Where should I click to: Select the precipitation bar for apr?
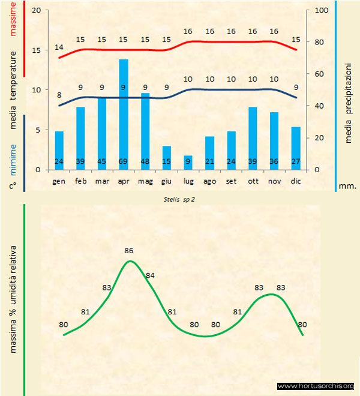124,114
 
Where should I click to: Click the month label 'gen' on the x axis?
59,181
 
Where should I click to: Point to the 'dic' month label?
296,181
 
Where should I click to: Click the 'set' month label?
231,181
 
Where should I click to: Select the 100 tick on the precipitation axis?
322,11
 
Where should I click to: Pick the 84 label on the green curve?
150,275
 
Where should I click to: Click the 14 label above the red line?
59,47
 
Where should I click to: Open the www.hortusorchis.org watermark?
316,386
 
